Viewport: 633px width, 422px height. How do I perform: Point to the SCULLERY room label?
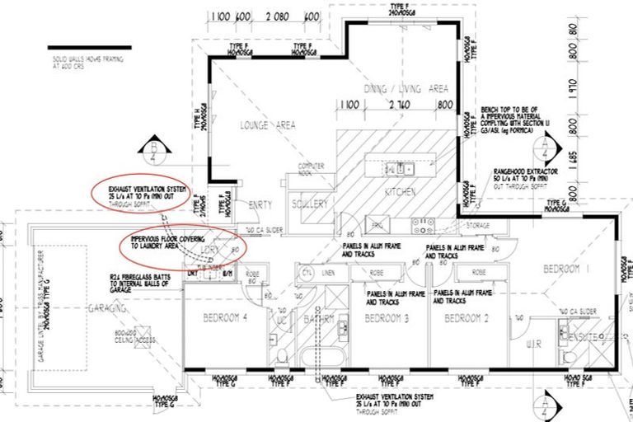click(310, 204)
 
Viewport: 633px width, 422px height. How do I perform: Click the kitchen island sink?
click(404, 169)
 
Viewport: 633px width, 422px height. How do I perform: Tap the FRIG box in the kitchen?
click(377, 224)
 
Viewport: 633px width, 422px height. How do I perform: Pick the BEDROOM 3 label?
click(387, 318)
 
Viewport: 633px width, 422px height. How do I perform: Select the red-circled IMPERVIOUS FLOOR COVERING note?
click(180, 239)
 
